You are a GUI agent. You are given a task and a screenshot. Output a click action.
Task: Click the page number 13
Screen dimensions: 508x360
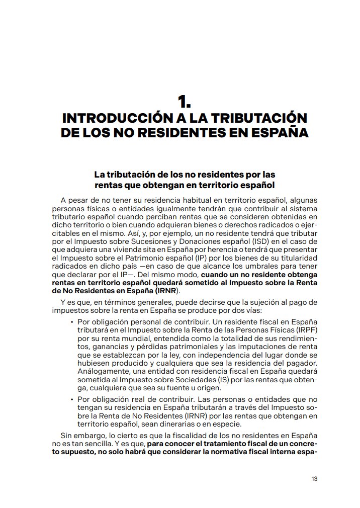[314, 478]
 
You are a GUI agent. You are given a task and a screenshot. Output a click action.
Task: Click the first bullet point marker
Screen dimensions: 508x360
[72, 321]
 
